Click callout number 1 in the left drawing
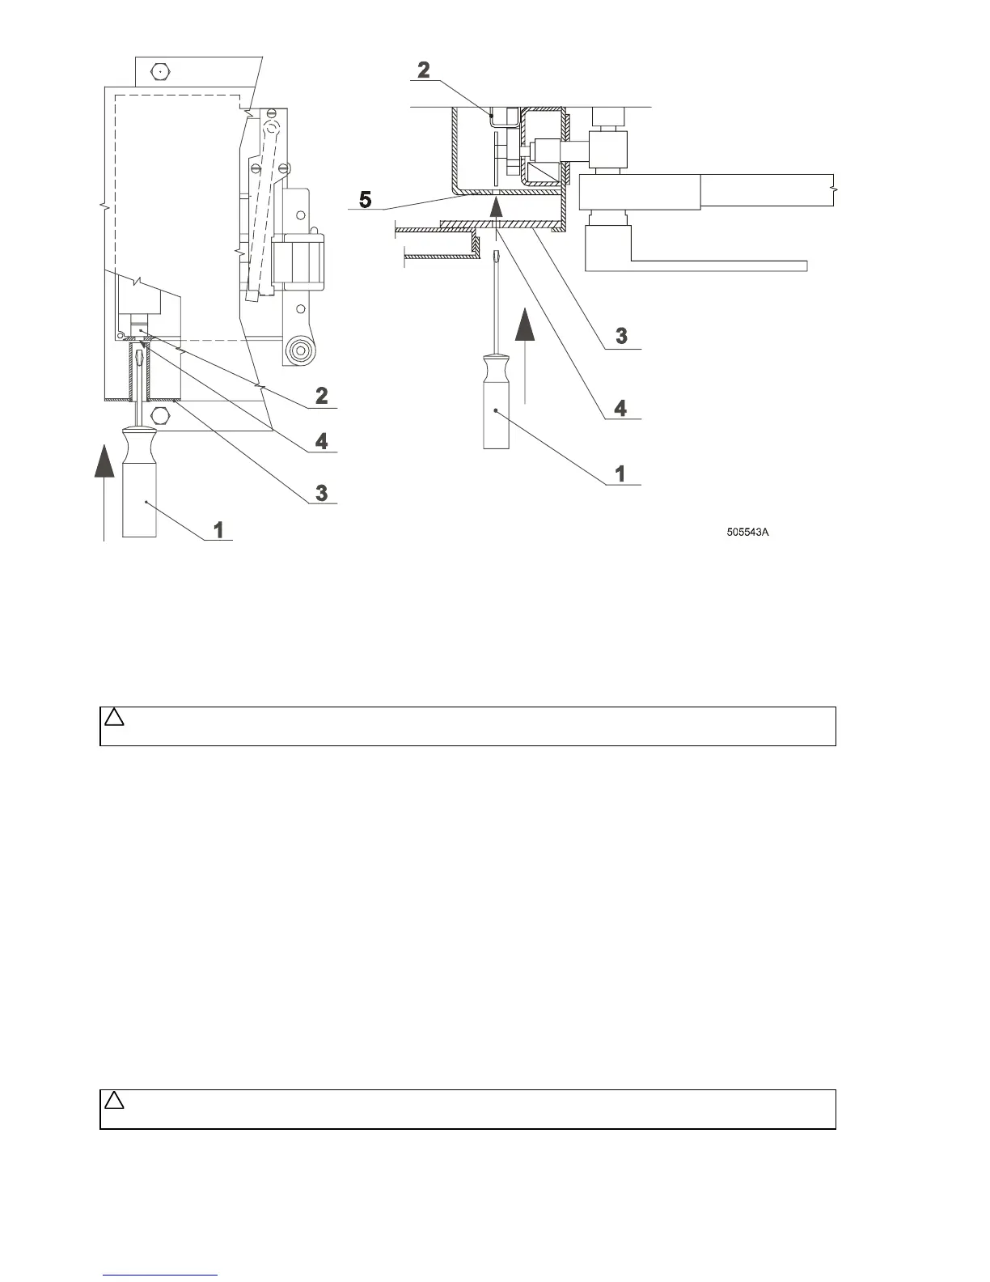point(218,529)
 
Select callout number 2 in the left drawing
point(322,396)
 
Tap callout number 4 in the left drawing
point(322,441)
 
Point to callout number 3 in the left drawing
point(322,492)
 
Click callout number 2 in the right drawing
point(424,70)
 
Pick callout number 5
point(366,199)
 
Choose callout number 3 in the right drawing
point(620,336)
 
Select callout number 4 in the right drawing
point(620,407)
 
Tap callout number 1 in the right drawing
point(620,473)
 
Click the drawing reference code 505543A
point(747,533)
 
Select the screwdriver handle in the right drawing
point(496,405)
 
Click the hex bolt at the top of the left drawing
point(161,71)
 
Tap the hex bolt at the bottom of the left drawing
point(160,417)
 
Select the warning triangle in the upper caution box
point(114,717)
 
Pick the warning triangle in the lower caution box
point(114,1101)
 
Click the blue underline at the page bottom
point(161,1276)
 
